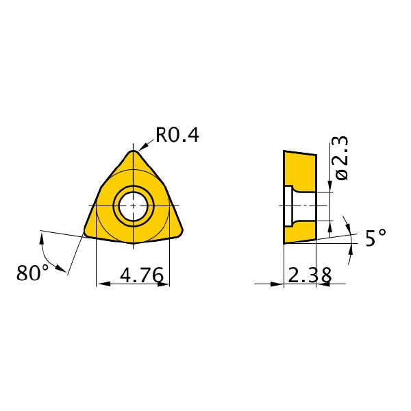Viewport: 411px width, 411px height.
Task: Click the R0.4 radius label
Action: coord(177,135)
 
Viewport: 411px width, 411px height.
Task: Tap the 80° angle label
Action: coord(32,273)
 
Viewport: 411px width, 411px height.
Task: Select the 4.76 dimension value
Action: coord(142,275)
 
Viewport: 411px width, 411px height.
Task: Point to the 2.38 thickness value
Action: coord(310,275)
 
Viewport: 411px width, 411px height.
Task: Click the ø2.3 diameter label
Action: coord(340,158)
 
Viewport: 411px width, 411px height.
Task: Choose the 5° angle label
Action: coord(376,238)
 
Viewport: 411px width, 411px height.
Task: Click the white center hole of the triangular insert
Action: coord(134,206)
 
